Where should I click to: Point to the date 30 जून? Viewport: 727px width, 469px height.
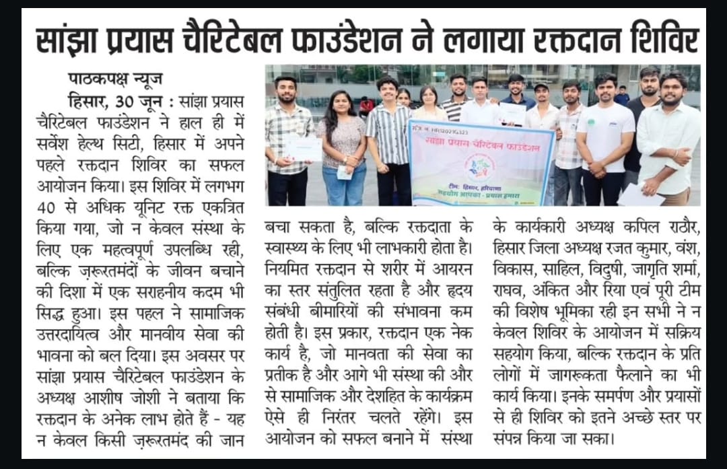[137, 102]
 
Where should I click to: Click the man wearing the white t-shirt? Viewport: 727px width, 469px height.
[604, 135]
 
